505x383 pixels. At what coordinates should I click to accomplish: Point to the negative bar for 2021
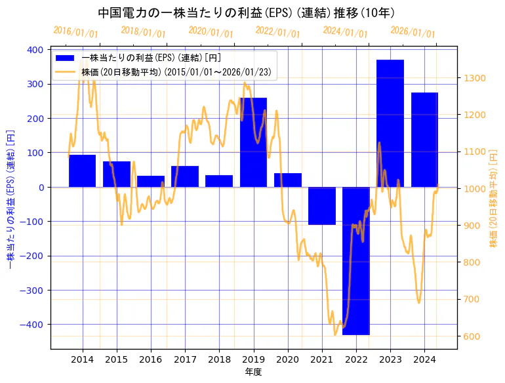click(x=322, y=206)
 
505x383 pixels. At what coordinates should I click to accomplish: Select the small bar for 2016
click(x=151, y=181)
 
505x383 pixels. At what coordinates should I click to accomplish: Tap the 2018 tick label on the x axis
click(x=219, y=359)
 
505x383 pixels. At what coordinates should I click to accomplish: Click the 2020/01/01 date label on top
click(x=211, y=31)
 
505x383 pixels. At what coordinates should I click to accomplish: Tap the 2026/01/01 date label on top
click(x=413, y=31)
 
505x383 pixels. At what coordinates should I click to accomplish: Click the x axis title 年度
click(x=253, y=372)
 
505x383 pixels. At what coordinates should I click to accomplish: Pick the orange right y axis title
click(x=493, y=199)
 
